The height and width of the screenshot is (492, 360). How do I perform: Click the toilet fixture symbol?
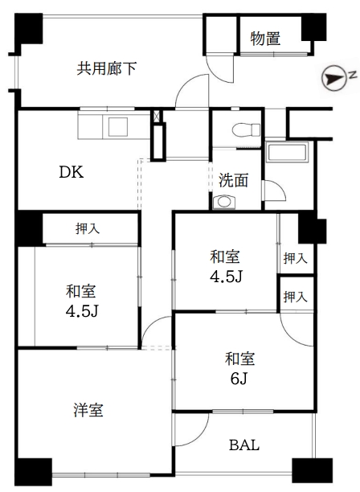[x=246, y=130]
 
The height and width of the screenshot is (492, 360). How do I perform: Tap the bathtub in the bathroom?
[x=287, y=152]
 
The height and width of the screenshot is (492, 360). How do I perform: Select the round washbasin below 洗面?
[x=224, y=202]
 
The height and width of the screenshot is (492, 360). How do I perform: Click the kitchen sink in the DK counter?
[x=117, y=126]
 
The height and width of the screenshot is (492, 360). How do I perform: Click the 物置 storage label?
[x=265, y=39]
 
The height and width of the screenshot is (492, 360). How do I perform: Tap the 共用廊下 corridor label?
[x=107, y=68]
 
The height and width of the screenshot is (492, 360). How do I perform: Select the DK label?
[x=72, y=172]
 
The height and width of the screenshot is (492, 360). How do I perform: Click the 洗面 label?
[x=233, y=180]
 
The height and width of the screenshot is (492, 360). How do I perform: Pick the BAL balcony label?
[x=244, y=445]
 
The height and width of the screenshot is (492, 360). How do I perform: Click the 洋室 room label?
[x=88, y=410]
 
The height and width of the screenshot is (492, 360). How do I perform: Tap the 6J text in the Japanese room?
[x=239, y=379]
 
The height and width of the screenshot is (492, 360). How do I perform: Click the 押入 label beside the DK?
[x=88, y=228]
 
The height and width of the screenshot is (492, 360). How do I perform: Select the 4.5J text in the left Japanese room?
[x=82, y=311]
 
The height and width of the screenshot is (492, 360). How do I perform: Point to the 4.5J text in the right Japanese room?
[x=227, y=277]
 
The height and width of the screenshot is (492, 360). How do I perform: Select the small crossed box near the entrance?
[x=157, y=116]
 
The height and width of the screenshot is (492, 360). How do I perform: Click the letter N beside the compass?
[x=354, y=75]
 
